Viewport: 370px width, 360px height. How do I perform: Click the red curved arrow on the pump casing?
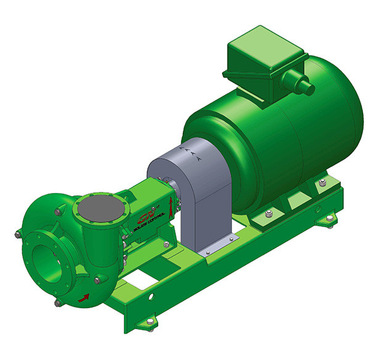(x=81, y=298)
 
